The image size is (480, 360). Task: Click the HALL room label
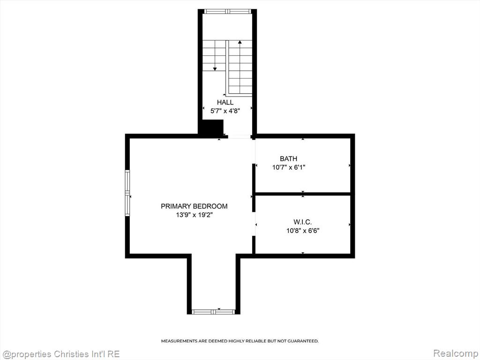(x=225, y=102)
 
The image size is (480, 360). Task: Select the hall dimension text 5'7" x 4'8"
(x=225, y=111)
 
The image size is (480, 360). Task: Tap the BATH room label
(x=288, y=158)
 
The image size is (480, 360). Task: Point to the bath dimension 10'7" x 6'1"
(x=289, y=167)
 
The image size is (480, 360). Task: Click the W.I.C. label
(x=302, y=222)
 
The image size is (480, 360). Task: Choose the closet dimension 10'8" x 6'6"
(x=303, y=231)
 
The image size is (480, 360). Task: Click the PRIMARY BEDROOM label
(x=194, y=206)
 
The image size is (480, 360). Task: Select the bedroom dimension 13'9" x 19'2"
(x=194, y=215)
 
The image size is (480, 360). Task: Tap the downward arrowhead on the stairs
(x=215, y=69)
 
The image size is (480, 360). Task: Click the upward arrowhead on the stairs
(x=240, y=42)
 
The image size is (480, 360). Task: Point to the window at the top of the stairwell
(x=228, y=12)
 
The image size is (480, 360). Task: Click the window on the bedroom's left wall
(x=127, y=193)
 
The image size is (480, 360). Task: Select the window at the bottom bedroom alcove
(x=213, y=312)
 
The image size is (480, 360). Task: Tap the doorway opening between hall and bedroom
(x=240, y=136)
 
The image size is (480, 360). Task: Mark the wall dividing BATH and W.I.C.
(x=303, y=194)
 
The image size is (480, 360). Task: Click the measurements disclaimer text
(x=240, y=341)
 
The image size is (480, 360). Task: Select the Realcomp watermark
(x=455, y=353)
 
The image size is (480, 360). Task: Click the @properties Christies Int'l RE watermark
(x=60, y=354)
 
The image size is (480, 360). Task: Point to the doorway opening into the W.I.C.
(x=254, y=224)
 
